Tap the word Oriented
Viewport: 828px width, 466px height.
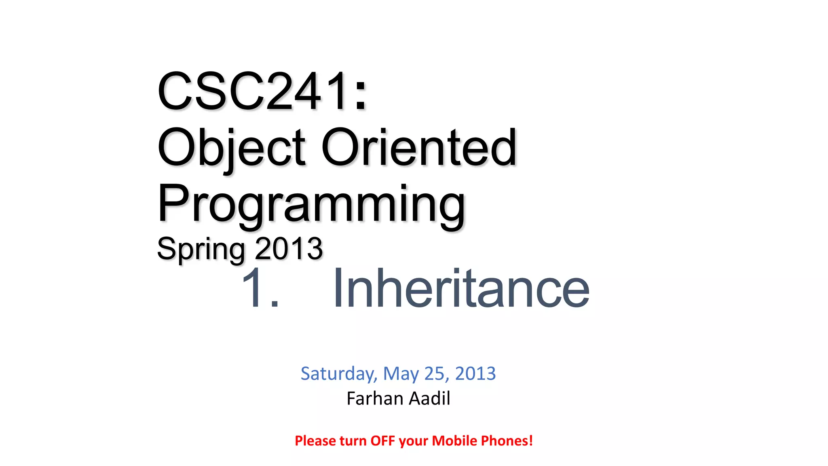419,148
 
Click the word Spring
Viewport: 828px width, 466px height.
201,249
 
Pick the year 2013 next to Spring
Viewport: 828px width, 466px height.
289,249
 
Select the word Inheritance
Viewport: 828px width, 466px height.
461,288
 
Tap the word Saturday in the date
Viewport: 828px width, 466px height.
339,374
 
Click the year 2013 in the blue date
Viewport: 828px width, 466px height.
475,374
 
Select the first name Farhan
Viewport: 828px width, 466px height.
375,398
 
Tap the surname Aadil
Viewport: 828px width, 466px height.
429,398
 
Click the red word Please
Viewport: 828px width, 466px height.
315,441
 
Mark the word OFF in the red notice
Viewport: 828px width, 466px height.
382,441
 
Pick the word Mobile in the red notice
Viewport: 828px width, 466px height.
454,441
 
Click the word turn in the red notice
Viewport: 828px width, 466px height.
353,441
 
